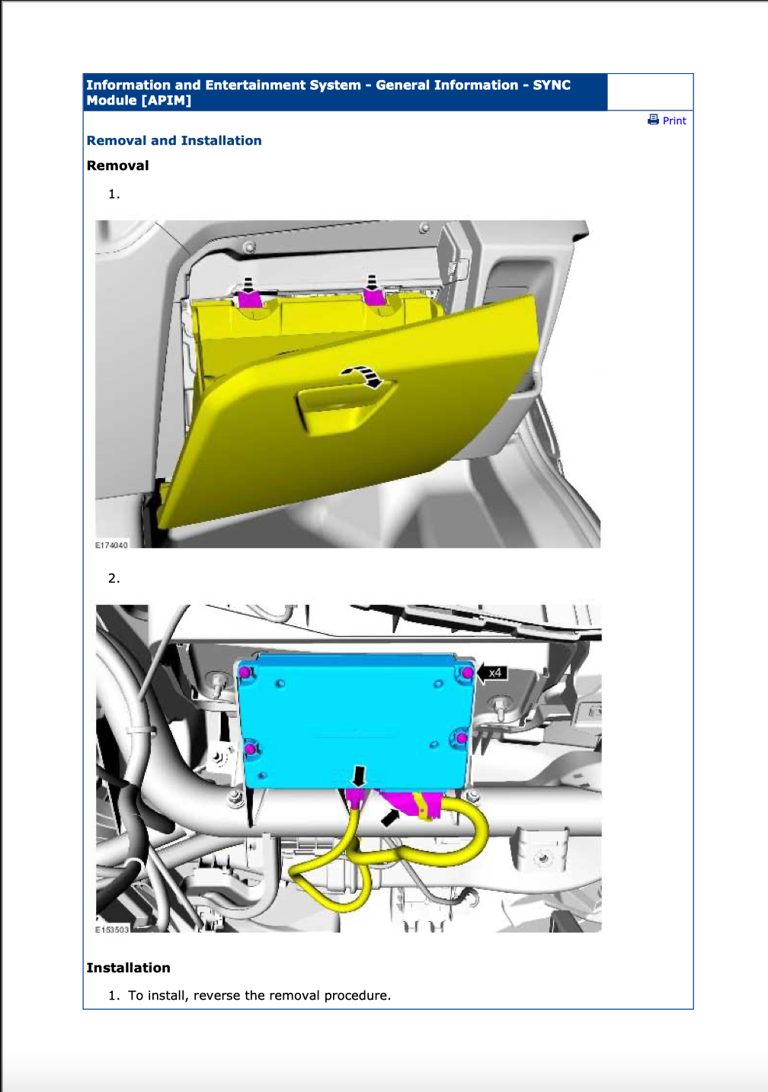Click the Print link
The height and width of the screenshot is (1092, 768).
674,120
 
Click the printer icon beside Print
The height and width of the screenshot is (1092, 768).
653,120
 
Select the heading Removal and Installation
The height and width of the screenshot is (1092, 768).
174,140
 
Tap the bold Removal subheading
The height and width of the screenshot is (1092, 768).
117,165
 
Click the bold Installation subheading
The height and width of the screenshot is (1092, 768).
128,968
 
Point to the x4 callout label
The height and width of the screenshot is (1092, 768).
494,673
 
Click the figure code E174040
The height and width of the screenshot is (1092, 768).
111,545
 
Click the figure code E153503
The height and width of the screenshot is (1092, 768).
112,930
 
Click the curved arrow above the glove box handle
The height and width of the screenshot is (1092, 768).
363,375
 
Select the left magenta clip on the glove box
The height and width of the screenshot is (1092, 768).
249,298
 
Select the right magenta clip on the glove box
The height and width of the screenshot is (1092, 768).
373,295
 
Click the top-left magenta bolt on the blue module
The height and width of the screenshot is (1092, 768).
245,673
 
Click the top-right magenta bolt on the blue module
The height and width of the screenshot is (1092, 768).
468,673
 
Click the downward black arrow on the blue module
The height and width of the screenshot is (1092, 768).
359,776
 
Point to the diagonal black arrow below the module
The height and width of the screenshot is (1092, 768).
391,817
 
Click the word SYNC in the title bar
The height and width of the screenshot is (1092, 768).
552,85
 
